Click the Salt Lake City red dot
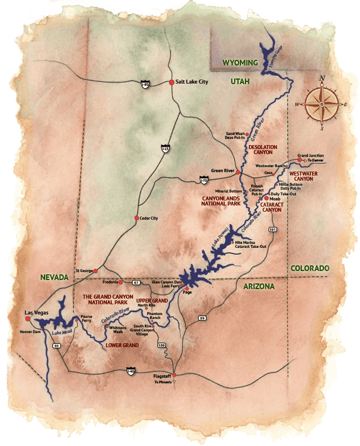tap(172, 82)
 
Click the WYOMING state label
tap(239, 63)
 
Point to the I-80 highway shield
tap(145, 84)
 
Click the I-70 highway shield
tap(204, 181)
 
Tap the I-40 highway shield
tap(131, 370)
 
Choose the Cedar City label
tap(148, 218)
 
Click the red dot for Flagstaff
tap(174, 375)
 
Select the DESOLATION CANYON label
tap(263, 150)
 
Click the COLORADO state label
tap(310, 269)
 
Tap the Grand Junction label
tap(310, 155)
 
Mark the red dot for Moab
tap(266, 199)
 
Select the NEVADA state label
tap(54, 277)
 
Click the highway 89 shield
tap(202, 319)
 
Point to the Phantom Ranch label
tap(153, 316)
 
